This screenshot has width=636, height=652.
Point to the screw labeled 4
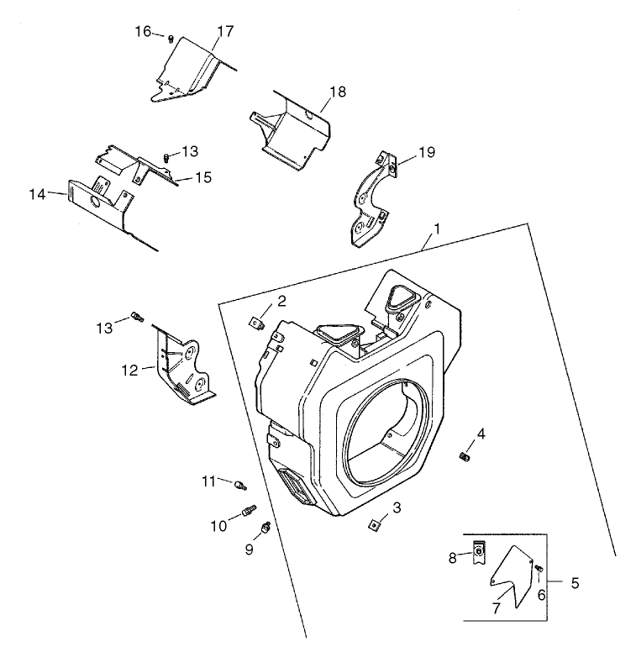463,455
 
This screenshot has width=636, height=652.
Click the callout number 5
575,582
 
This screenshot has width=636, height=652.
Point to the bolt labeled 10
249,510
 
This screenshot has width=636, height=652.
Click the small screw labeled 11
242,485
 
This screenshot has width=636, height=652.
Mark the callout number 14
37,194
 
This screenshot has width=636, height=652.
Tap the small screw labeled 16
171,38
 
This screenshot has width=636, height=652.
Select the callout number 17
224,32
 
